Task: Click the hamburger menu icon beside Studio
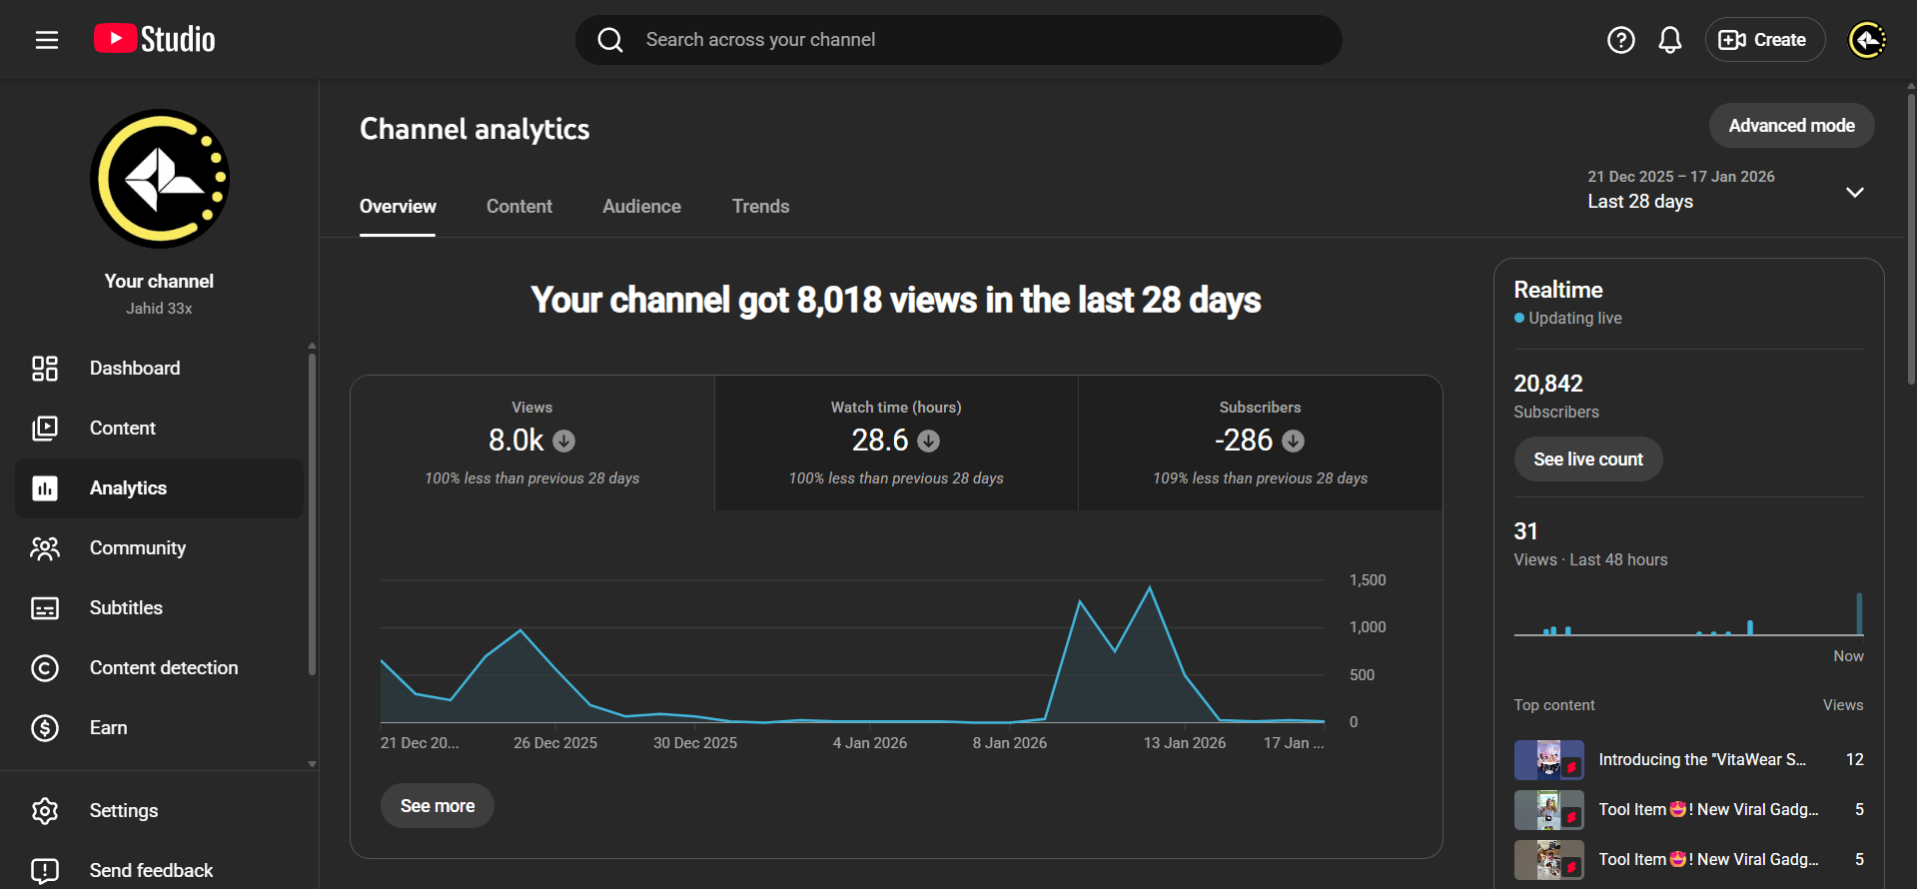click(x=47, y=40)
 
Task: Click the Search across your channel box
click(x=959, y=40)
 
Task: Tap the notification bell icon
click(x=1670, y=40)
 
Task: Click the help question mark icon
click(x=1620, y=40)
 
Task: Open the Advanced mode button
click(x=1791, y=126)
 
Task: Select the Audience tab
click(x=641, y=207)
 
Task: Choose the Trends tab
click(x=760, y=207)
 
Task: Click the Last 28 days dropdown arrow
click(x=1855, y=192)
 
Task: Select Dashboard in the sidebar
click(x=135, y=369)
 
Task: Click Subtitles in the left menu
click(x=126, y=608)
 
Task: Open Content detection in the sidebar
click(x=164, y=668)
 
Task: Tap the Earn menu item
click(x=108, y=728)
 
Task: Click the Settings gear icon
click(x=45, y=811)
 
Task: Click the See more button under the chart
click(x=438, y=806)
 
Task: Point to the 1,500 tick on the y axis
click(x=1368, y=580)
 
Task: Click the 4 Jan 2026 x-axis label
click(x=870, y=743)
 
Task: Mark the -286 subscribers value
click(x=1244, y=441)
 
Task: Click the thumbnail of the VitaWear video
click(x=1548, y=760)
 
